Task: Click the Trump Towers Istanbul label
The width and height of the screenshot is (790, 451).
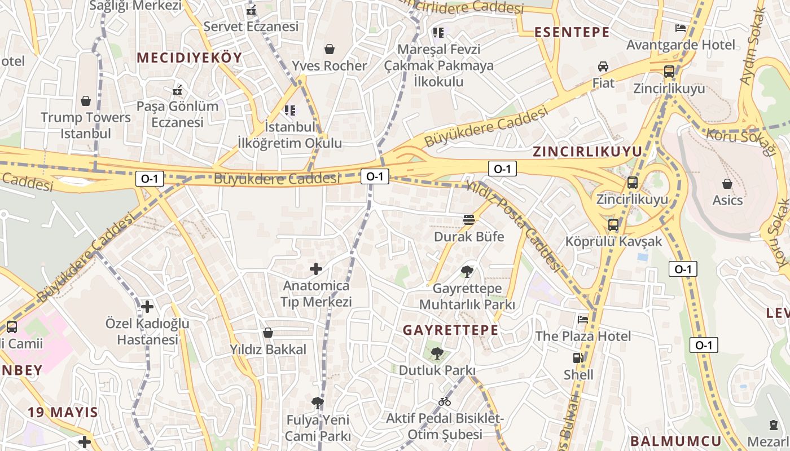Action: click(x=86, y=126)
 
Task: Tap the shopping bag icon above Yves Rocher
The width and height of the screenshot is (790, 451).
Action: click(x=330, y=50)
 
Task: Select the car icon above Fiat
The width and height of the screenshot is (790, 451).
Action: click(x=603, y=67)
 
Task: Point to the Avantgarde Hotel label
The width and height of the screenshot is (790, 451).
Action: click(x=681, y=45)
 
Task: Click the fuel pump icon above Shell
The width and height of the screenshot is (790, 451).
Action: click(x=578, y=357)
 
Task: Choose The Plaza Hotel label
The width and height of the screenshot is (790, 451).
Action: click(x=583, y=336)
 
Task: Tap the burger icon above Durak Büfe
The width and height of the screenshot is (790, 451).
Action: click(x=469, y=219)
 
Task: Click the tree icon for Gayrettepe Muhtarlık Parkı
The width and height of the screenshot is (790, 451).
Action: click(x=467, y=272)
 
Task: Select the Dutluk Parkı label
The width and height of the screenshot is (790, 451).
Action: click(x=437, y=370)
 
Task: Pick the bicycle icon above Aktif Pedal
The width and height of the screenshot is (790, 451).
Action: click(x=445, y=401)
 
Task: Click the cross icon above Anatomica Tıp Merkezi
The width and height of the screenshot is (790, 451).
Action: click(x=316, y=269)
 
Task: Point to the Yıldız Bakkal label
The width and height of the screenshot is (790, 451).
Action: click(x=268, y=350)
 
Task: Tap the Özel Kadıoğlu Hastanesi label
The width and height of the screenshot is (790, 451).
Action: click(x=147, y=331)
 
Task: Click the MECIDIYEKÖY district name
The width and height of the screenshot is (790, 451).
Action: click(x=189, y=58)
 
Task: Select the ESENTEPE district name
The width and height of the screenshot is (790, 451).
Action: click(x=572, y=32)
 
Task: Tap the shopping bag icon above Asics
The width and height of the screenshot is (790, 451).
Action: click(x=727, y=183)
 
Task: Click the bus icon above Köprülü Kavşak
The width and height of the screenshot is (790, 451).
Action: click(x=613, y=225)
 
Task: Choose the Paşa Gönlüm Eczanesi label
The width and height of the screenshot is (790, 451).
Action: click(x=177, y=114)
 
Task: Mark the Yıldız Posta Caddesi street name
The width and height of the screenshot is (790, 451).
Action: click(x=513, y=225)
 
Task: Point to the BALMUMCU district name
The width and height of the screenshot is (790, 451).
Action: click(x=675, y=441)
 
